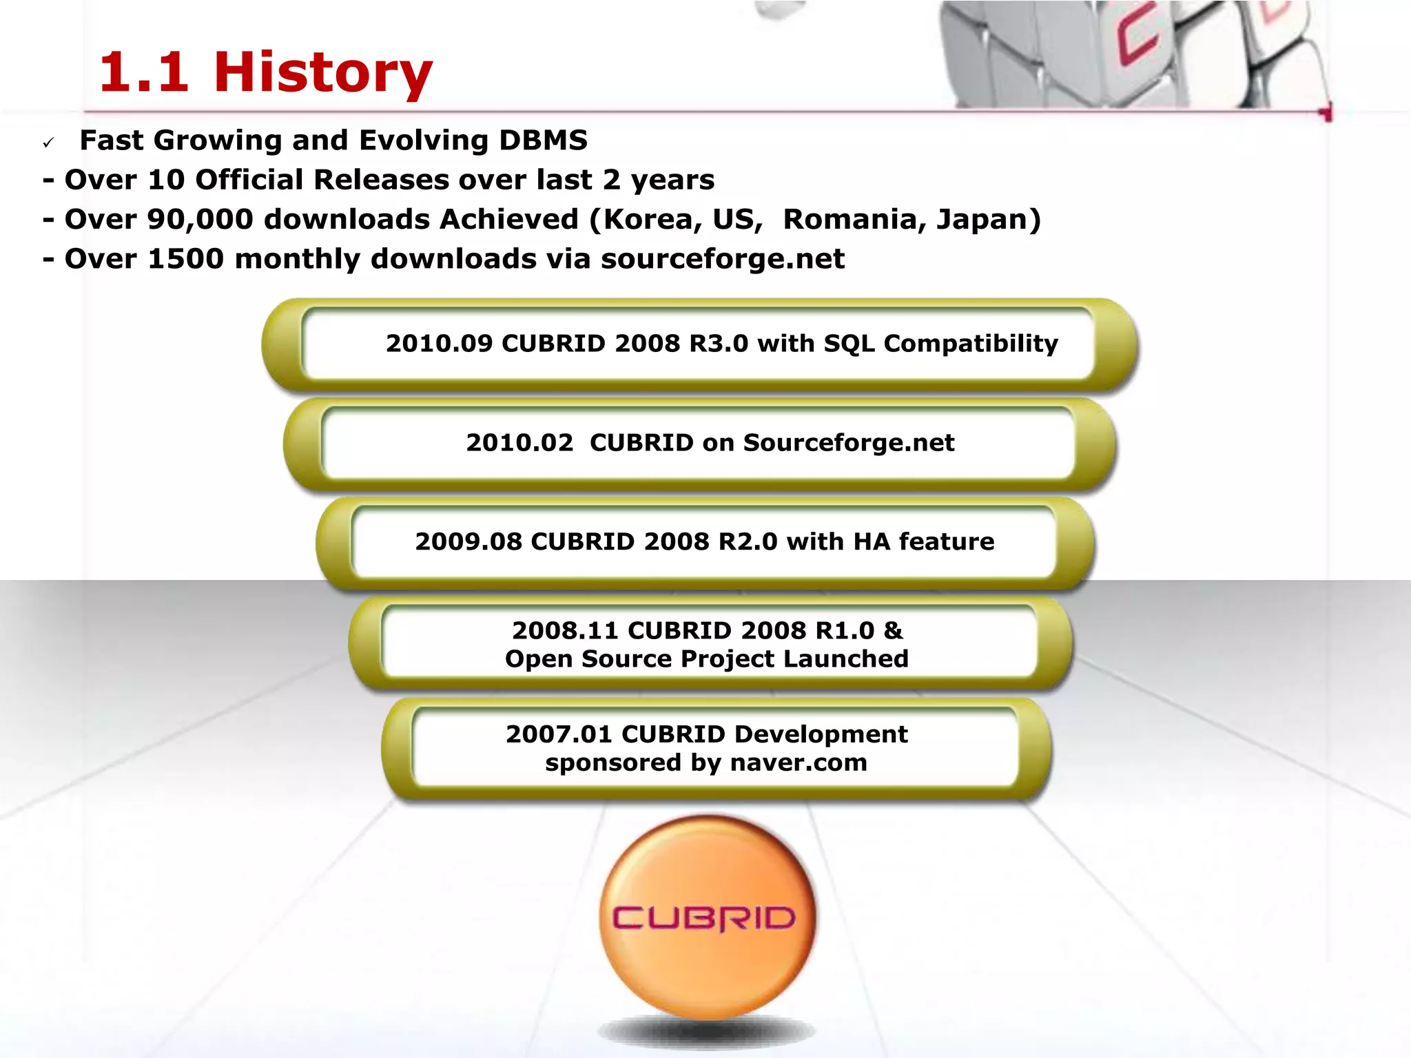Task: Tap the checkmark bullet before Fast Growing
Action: pyautogui.click(x=48, y=143)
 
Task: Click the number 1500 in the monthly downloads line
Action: pyautogui.click(x=186, y=260)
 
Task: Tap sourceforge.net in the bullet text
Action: pyautogui.click(x=723, y=260)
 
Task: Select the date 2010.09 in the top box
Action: pyautogui.click(x=439, y=344)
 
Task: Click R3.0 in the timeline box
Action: pyautogui.click(x=719, y=344)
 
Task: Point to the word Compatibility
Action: pyautogui.click(x=971, y=344)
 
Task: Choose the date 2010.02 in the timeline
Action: pyautogui.click(x=519, y=443)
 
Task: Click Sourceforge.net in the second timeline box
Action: pyautogui.click(x=849, y=443)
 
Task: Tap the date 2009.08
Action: pyautogui.click(x=468, y=542)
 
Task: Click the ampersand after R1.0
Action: pyautogui.click(x=893, y=631)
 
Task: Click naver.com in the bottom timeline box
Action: pyautogui.click(x=799, y=763)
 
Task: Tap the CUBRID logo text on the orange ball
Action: pyautogui.click(x=704, y=919)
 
